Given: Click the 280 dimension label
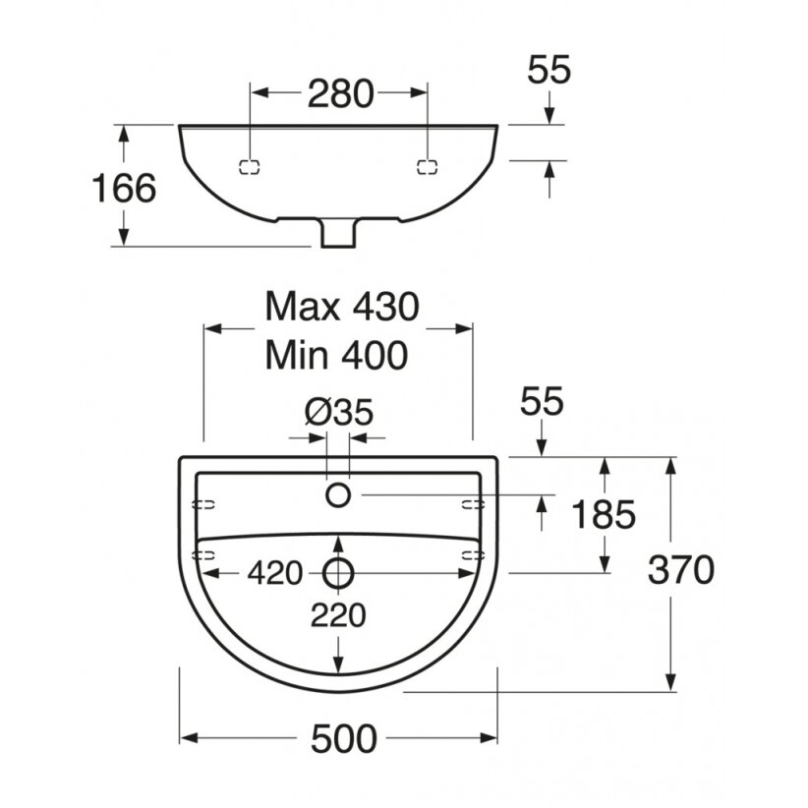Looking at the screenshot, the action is pos(340,93).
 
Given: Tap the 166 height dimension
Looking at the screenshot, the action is pos(124,188).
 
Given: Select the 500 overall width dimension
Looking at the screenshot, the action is pos(343,739).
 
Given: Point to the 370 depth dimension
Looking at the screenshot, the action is pos(681,570).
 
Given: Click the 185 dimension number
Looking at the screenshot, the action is pos(604,514).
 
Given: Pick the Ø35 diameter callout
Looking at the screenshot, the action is pos(338,413).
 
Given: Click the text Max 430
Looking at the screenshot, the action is pos(342,307).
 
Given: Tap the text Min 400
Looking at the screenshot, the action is pos(336,355).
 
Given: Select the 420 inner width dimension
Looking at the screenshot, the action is pos(274,573).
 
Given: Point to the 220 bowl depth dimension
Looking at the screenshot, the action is pos(338,615).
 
